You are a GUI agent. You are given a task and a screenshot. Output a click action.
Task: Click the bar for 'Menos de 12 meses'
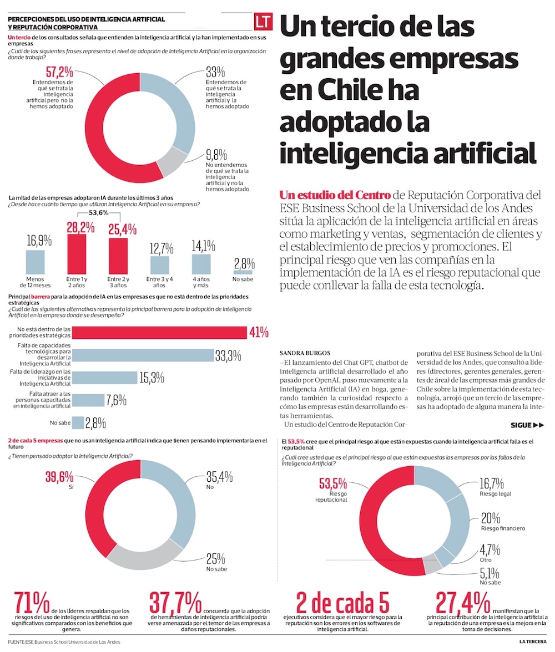(x=36, y=262)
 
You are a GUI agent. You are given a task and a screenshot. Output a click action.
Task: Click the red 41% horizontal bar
(x=160, y=332)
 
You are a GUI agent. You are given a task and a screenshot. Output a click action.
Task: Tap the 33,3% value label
(x=231, y=355)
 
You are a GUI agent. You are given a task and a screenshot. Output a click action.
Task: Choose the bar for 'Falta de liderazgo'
(x=105, y=378)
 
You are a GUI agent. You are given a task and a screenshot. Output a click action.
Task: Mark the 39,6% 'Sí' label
(x=60, y=477)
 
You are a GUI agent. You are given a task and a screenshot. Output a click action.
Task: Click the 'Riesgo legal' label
(x=496, y=493)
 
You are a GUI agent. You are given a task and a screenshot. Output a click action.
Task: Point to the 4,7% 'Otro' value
(x=490, y=549)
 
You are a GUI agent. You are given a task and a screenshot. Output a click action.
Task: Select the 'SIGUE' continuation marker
(x=527, y=425)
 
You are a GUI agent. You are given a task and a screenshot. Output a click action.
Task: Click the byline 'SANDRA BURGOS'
(x=305, y=353)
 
